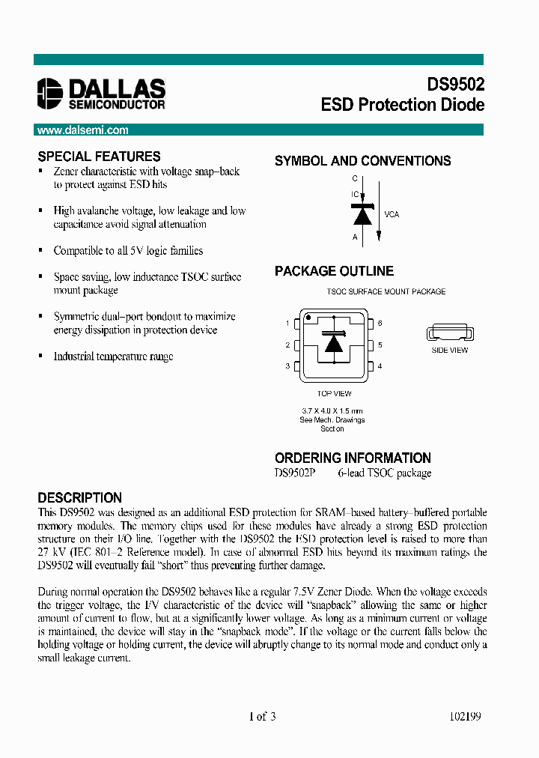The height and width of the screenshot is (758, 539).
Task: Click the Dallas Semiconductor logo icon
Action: [x=51, y=94]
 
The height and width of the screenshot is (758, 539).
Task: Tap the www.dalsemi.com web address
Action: [x=82, y=130]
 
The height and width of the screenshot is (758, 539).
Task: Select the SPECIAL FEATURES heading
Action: [x=99, y=157]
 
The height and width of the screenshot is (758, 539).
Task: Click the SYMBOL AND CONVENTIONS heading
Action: [x=362, y=161]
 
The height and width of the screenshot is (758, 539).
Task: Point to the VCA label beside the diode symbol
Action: [x=392, y=214]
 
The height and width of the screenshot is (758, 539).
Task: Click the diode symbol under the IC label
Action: [x=362, y=214]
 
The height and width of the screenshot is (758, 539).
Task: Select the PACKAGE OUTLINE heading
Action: [x=334, y=271]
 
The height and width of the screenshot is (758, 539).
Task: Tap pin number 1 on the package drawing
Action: [x=287, y=324]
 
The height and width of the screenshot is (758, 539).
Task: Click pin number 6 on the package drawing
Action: [x=380, y=324]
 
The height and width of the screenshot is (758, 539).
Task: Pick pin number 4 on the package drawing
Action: [x=380, y=366]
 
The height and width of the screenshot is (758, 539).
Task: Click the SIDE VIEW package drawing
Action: [x=449, y=333]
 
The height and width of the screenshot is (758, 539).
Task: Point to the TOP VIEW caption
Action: [x=334, y=394]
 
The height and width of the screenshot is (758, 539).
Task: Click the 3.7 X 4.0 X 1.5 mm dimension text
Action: [x=332, y=411]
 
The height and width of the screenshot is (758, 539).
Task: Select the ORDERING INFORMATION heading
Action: [x=353, y=458]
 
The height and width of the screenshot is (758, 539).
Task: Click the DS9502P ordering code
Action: [x=295, y=473]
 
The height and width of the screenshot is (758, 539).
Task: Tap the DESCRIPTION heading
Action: [x=79, y=498]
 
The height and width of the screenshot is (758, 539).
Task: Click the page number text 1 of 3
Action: [x=262, y=717]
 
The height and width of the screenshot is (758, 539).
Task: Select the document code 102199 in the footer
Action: [x=464, y=717]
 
